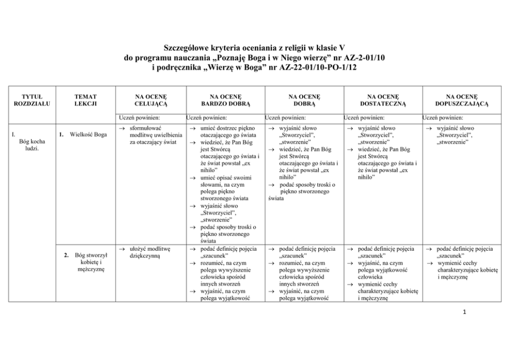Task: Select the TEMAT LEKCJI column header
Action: coord(85,99)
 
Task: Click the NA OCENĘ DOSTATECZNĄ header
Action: coord(383,99)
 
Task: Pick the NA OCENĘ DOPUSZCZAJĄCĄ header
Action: coord(461,99)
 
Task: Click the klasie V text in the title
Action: coord(321,48)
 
